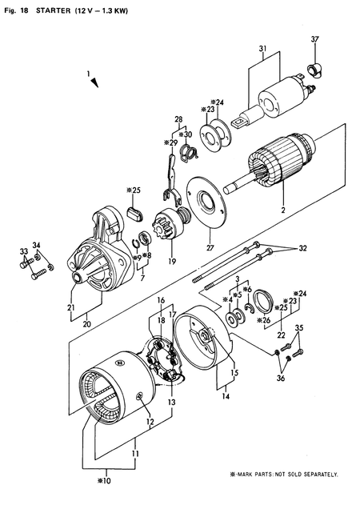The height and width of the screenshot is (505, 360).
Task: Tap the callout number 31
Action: [262, 50]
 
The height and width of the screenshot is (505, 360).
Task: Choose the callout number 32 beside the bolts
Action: [302, 248]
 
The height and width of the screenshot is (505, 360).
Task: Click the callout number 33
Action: [22, 251]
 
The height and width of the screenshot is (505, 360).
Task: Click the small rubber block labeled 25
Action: [135, 210]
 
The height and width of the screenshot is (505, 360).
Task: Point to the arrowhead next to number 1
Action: [94, 82]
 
